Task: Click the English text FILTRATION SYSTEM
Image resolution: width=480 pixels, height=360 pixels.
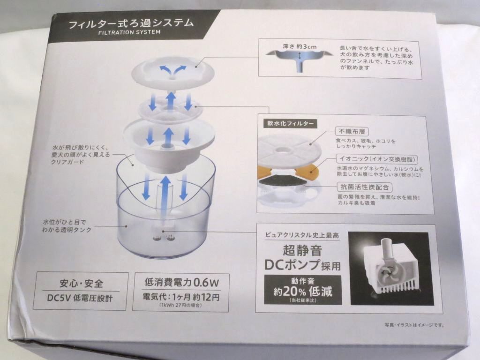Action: (129, 32)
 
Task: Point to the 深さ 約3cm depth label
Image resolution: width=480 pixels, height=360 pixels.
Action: (299, 46)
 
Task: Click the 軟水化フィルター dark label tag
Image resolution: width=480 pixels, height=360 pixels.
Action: (290, 123)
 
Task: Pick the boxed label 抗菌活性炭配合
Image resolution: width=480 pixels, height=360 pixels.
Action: (365, 187)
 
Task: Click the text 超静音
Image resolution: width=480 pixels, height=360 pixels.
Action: (302, 250)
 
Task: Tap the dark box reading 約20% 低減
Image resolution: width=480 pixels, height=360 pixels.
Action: (303, 290)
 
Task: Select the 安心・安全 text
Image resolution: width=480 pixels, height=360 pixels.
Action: (81, 283)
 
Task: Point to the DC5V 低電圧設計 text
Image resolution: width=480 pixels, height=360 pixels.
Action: (80, 298)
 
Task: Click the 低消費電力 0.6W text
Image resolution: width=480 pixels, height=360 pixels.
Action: (182, 282)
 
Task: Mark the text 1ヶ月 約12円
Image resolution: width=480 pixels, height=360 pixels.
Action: (196, 297)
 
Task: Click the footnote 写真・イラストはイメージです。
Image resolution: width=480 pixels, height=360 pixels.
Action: (414, 325)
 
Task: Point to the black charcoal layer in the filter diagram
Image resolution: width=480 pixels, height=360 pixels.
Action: (283, 181)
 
